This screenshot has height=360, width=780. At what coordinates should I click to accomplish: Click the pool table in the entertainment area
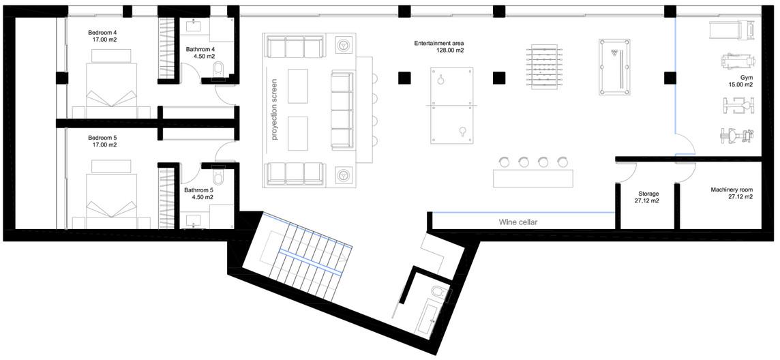614,67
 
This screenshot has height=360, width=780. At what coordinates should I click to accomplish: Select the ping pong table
451,106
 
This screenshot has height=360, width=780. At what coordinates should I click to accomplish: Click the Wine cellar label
518,222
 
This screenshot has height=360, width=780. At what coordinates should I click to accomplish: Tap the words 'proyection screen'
274,109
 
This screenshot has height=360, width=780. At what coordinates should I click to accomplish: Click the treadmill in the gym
733,31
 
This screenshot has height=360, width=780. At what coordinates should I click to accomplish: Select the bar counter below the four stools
533,178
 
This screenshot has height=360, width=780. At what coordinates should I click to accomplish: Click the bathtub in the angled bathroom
430,319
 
